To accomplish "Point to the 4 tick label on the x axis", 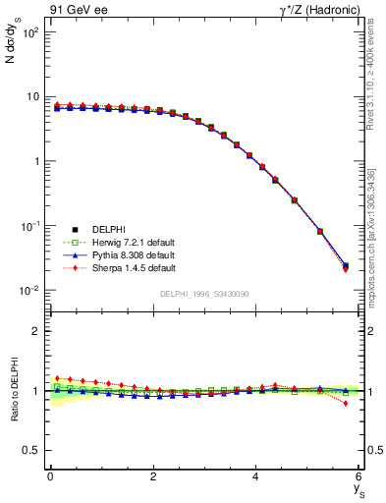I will [x=255, y=476].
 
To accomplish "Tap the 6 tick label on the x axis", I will [x=358, y=476].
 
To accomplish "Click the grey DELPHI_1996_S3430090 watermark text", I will [x=204, y=294].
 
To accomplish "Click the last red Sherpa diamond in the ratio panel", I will [x=345, y=403].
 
